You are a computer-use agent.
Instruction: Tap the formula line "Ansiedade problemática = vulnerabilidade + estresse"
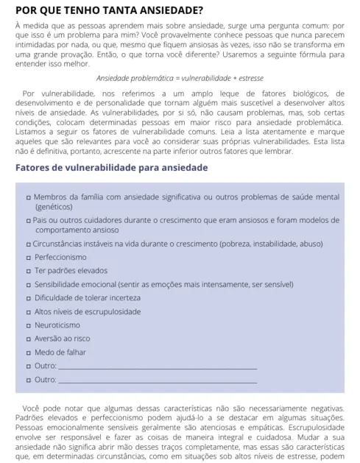[x=180, y=77]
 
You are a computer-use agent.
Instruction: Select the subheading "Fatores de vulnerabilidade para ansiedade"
[x=111, y=168]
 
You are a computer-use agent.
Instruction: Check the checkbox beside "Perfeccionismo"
[x=28, y=258]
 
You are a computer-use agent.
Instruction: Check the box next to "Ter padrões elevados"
[x=28, y=271]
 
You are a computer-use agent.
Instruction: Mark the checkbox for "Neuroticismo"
[x=28, y=325]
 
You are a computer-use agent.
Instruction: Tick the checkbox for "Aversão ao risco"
[x=28, y=339]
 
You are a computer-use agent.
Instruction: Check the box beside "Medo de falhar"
[x=28, y=353]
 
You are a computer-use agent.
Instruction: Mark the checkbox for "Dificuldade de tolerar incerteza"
[x=28, y=298]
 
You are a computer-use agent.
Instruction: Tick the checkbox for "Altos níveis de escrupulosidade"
[x=28, y=311]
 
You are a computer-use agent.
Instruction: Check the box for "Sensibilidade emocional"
[x=28, y=284]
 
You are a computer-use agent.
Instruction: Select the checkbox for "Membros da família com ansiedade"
[x=28, y=198]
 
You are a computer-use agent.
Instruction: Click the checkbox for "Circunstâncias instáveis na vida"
[x=28, y=244]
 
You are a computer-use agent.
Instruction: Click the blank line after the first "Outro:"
[x=158, y=367]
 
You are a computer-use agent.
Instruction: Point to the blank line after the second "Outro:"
[x=158, y=381]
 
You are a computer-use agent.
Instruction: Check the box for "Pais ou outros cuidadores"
[x=28, y=221]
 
